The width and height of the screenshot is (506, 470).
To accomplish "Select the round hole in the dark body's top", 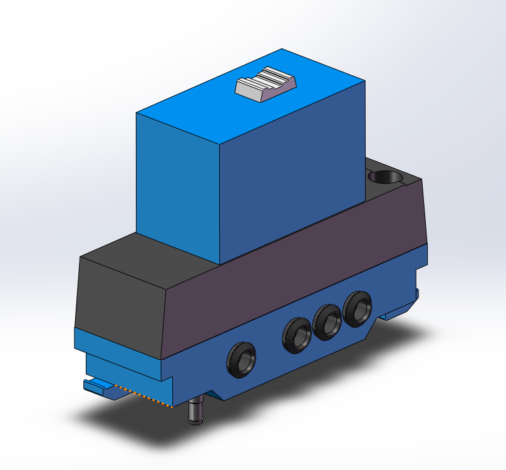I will point(386,177).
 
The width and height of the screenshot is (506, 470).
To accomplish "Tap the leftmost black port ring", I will point(242,360).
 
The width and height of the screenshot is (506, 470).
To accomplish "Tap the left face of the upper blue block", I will point(177,182).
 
